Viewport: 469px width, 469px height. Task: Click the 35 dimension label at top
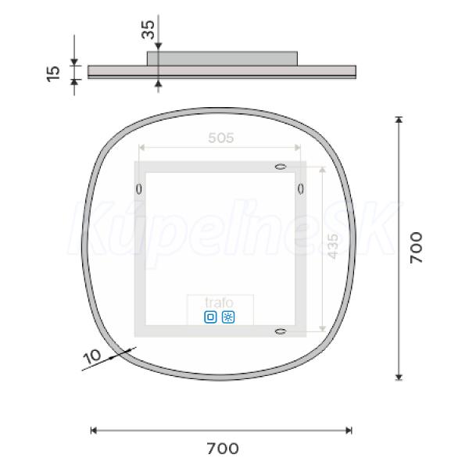click(x=148, y=30)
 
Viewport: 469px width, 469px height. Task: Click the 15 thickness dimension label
click(x=53, y=73)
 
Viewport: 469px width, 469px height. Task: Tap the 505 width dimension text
click(x=220, y=138)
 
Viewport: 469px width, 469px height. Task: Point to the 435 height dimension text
click(x=333, y=246)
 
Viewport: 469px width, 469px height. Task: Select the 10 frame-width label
click(x=92, y=356)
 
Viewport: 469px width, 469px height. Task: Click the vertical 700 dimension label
click(x=416, y=247)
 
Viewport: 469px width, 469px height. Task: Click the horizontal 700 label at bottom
click(x=223, y=449)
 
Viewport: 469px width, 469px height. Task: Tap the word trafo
click(x=219, y=303)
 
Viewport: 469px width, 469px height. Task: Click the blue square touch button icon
click(x=210, y=317)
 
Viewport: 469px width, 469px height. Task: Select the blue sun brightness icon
click(x=228, y=317)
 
